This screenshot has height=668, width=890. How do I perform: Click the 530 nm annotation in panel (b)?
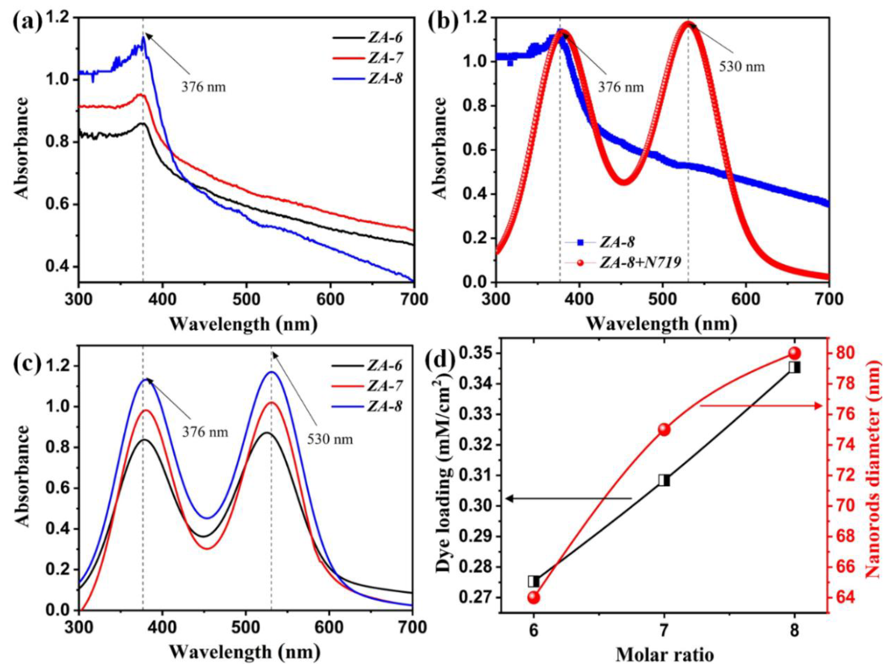(742, 66)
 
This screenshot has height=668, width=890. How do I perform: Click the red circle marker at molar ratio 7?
(664, 430)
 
